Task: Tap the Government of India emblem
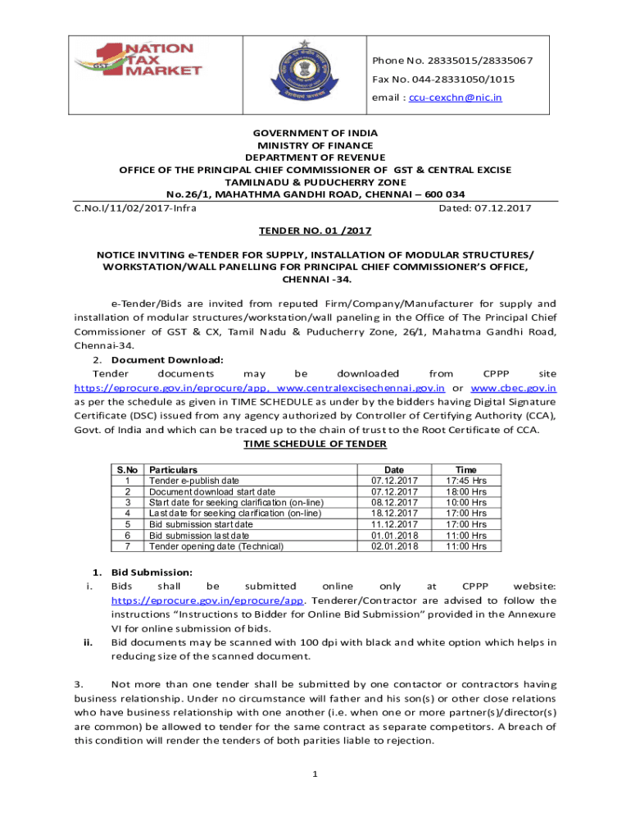(301, 72)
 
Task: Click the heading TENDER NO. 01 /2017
(315, 231)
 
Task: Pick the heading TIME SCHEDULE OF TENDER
(315, 444)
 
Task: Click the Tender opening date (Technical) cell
(216, 546)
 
